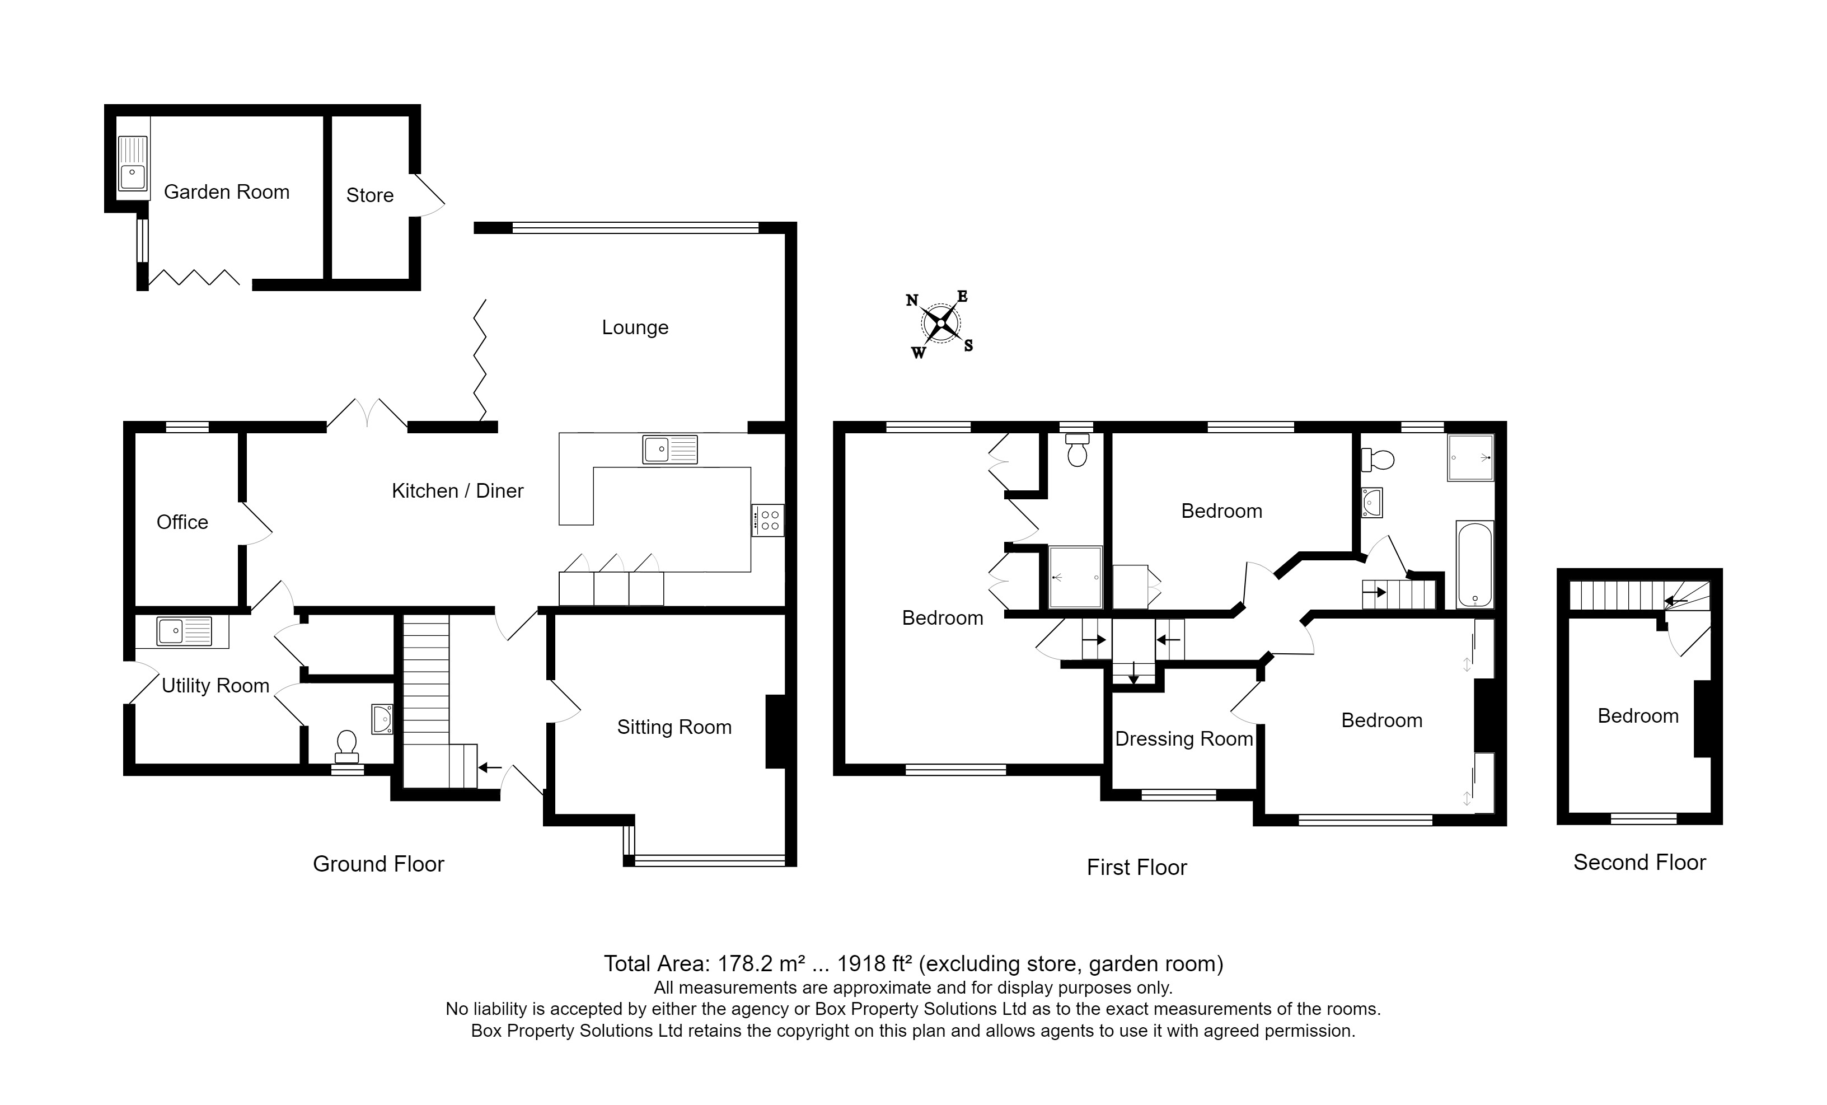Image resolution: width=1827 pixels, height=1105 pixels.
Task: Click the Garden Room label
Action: point(226,192)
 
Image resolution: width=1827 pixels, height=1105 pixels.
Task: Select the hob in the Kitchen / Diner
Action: point(767,520)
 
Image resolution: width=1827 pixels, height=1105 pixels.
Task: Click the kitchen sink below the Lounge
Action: point(669,450)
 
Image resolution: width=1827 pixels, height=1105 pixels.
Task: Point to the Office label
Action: point(182,522)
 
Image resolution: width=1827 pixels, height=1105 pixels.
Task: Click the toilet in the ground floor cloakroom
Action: point(346,746)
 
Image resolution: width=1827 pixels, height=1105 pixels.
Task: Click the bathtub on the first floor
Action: point(1474,564)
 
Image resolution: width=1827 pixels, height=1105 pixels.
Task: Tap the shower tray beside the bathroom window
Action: point(1470,457)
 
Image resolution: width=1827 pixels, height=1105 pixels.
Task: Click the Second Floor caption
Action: point(1639,863)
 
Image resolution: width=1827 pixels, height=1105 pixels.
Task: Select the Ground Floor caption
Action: point(378,864)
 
